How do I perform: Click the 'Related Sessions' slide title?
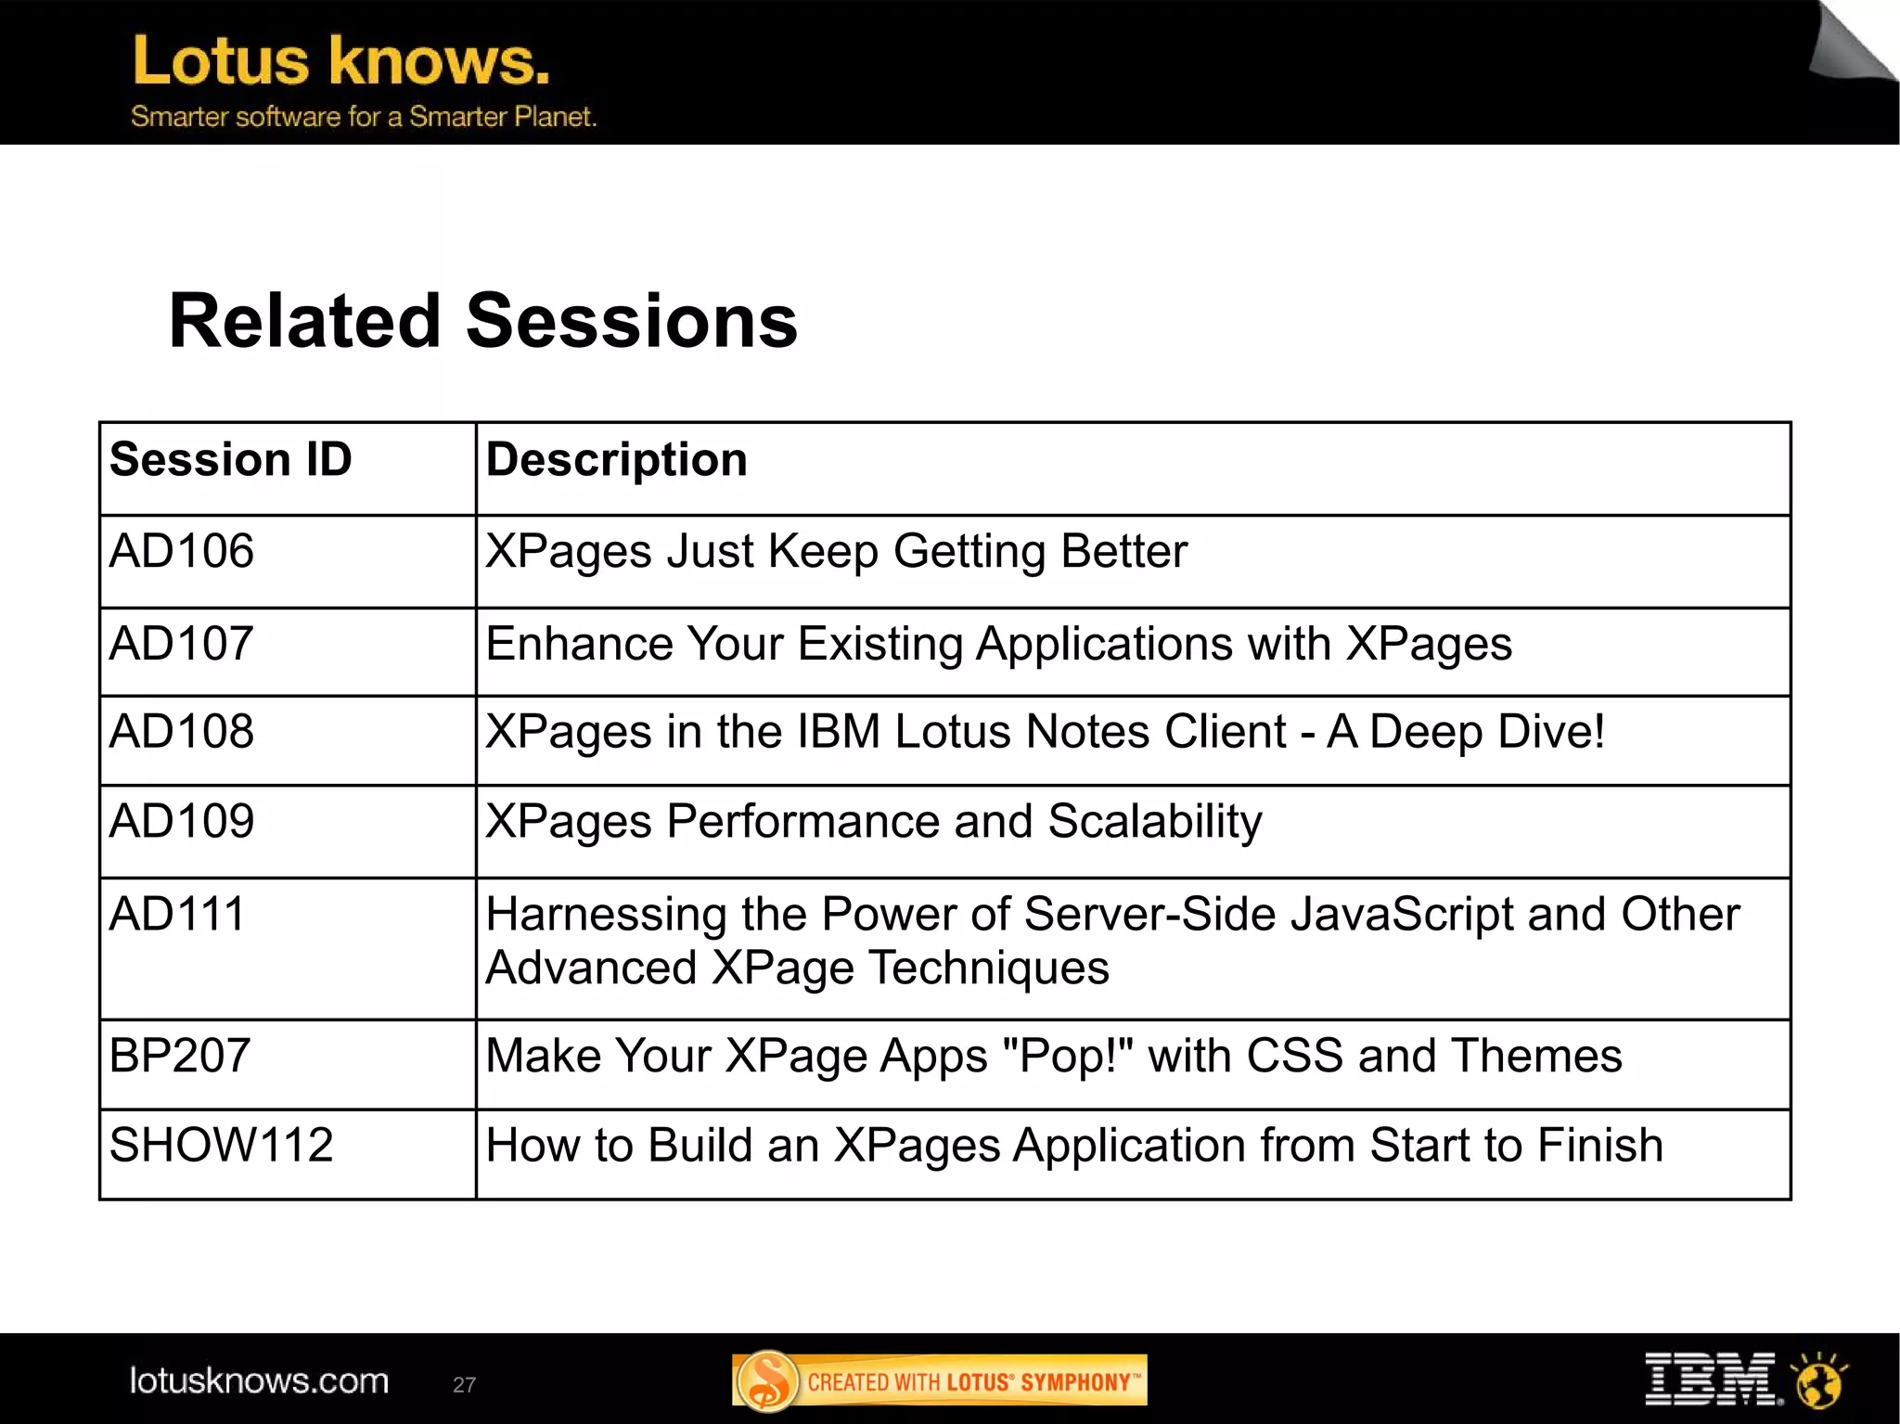(482, 321)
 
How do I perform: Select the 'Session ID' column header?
(231, 460)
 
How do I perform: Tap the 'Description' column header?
(616, 460)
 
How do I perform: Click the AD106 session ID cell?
(182, 551)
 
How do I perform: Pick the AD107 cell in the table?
(182, 644)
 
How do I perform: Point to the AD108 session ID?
(182, 732)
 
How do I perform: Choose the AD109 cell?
(182, 822)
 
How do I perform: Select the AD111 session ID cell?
(177, 914)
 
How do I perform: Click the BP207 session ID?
(180, 1056)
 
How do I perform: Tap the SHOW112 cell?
(221, 1145)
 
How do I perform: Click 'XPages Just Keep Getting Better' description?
(836, 552)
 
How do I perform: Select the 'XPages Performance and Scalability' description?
(873, 822)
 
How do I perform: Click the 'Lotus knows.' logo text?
(341, 61)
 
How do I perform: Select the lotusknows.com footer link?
(259, 1381)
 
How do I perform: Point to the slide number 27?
(464, 1385)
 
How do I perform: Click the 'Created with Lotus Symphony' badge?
(939, 1381)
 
